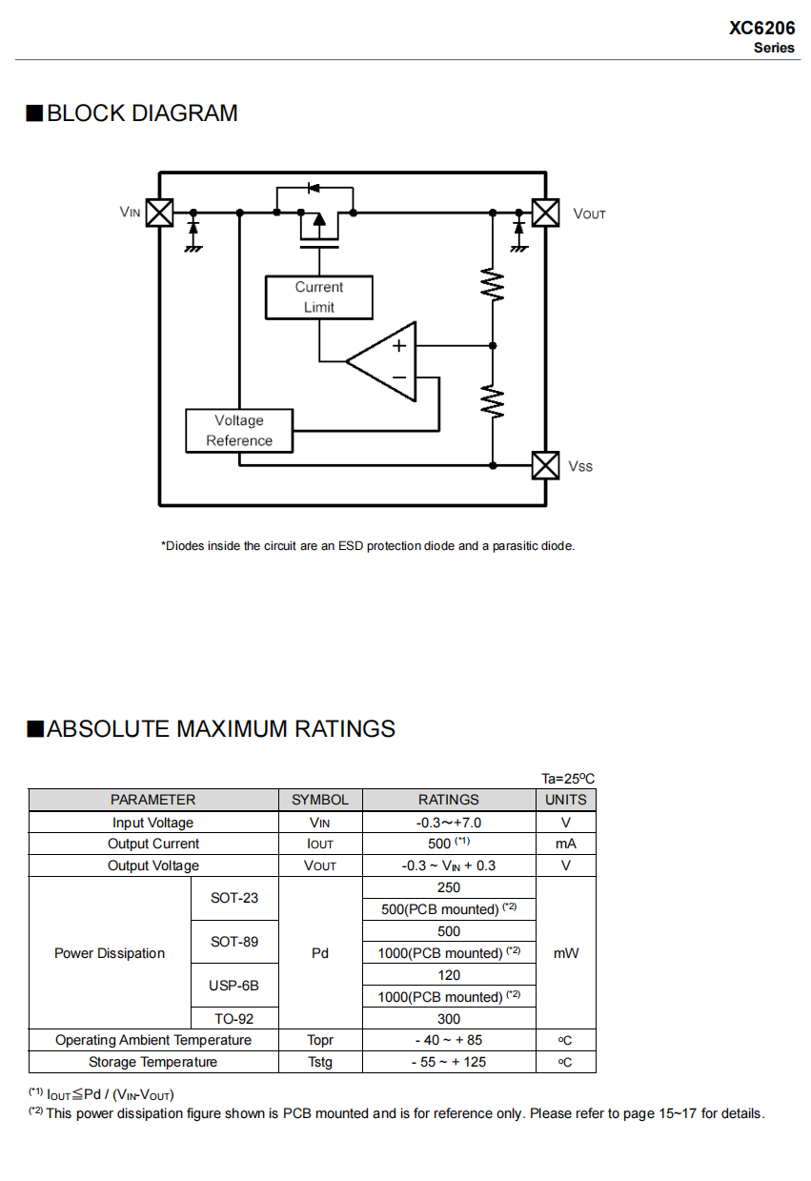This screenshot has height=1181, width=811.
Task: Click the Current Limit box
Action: (318, 297)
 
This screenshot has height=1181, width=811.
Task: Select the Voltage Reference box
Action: (238, 431)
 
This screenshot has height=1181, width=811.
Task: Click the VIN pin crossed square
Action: (159, 212)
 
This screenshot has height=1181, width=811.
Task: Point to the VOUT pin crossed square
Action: (545, 212)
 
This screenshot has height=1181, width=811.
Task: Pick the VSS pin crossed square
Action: (545, 465)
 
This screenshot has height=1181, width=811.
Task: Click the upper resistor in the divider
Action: (493, 285)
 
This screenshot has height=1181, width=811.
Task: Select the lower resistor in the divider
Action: (493, 400)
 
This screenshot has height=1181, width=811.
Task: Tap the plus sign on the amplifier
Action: (400, 346)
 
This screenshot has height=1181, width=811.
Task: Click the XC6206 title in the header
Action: (761, 29)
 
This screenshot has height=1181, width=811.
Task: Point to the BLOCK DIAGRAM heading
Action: (132, 113)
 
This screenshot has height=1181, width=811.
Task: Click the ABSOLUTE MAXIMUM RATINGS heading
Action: (211, 729)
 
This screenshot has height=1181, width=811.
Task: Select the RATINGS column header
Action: (449, 800)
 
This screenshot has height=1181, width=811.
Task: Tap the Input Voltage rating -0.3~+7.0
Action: (449, 823)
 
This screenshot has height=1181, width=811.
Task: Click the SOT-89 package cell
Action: (234, 942)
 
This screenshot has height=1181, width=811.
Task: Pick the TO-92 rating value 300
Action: (449, 1019)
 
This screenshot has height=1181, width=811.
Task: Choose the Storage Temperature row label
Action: (152, 1062)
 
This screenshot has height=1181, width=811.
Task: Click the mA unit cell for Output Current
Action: (566, 844)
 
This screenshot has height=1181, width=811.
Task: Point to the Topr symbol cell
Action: (320, 1040)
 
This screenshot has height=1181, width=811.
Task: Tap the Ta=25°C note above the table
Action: (568, 779)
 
